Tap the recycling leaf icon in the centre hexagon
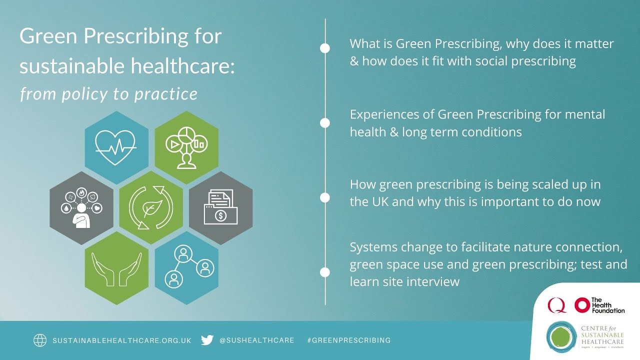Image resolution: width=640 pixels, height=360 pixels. coord(150,207)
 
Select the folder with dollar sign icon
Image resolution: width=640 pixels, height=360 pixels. coord(220,207)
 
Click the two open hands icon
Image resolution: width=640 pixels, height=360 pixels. coord(116,268)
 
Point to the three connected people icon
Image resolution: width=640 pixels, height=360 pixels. coord(186,267)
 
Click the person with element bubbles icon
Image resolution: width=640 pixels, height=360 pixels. coord(81,207)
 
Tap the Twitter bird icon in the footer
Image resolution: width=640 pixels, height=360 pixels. coord(207,340)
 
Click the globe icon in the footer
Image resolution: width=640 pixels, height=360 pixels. coord(40,340)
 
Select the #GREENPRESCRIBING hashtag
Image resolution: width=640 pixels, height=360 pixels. coord(348,340)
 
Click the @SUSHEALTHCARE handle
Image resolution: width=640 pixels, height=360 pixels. coord(256,340)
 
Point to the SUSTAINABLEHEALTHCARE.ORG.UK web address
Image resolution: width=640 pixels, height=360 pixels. coord(122,340)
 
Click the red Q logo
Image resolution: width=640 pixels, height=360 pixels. coord(556,304)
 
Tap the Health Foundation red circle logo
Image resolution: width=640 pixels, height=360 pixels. coord(582,305)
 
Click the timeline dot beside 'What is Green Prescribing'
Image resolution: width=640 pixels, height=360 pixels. coord(325,48)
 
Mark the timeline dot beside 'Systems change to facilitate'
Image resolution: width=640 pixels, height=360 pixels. coord(325,272)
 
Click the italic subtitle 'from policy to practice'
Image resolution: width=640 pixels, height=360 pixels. coord(108,93)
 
